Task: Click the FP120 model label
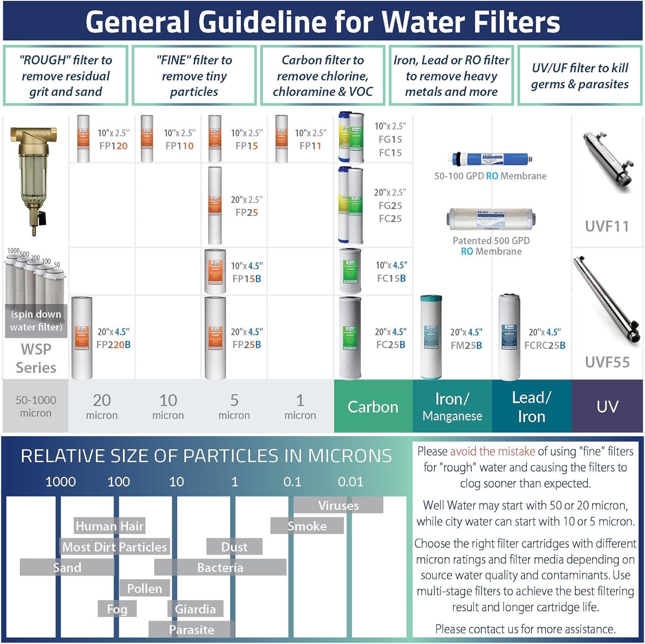point(113,146)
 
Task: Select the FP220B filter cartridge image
point(82,338)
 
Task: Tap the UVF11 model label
point(607,226)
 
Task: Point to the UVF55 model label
point(607,362)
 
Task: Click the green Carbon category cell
point(373,406)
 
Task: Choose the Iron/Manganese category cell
point(452,406)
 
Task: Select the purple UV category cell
point(607,406)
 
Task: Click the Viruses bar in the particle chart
point(338,505)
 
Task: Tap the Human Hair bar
point(109,526)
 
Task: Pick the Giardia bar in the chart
point(195,609)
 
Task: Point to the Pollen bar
point(144,588)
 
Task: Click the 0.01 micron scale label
point(350,481)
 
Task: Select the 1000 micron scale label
point(61,481)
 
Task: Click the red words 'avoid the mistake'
point(492,451)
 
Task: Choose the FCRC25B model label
point(544,345)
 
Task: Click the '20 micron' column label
point(102,406)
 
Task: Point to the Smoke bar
point(307,526)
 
